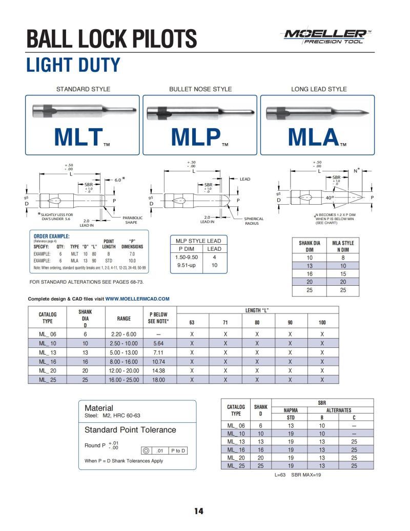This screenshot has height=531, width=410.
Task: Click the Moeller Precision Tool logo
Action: pyautogui.click(x=325, y=36)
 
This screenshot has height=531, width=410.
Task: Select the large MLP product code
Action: pyautogui.click(x=195, y=137)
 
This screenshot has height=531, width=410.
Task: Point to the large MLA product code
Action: pyautogui.click(x=314, y=137)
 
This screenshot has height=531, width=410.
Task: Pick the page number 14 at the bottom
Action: pyautogui.click(x=199, y=511)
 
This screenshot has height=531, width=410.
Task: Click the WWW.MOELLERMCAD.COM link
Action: pyautogui.click(x=137, y=299)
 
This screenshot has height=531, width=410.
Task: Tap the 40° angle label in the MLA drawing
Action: pyautogui.click(x=329, y=198)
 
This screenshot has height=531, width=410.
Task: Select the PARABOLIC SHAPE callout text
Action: pyautogui.click(x=132, y=220)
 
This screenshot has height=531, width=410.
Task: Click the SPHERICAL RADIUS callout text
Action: pyautogui.click(x=253, y=221)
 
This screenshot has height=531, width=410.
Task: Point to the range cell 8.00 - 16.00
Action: pyautogui.click(x=124, y=361)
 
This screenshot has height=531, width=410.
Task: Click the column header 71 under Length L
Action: pyautogui.click(x=224, y=323)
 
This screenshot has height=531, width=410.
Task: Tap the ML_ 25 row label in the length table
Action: pyautogui.click(x=48, y=380)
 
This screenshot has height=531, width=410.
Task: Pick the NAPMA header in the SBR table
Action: pyautogui.click(x=291, y=410)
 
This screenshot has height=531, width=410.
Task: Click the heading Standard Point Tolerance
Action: pyautogui.click(x=130, y=430)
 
